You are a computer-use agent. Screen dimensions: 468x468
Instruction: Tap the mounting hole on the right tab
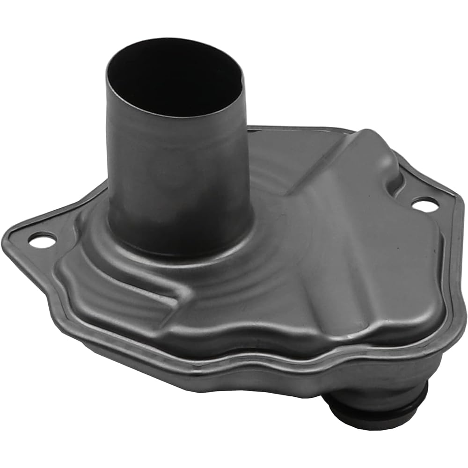(x=425, y=204)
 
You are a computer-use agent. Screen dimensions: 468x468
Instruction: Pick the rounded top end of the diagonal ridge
(x=370, y=140)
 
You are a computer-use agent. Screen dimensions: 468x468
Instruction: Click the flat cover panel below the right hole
(x=412, y=262)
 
